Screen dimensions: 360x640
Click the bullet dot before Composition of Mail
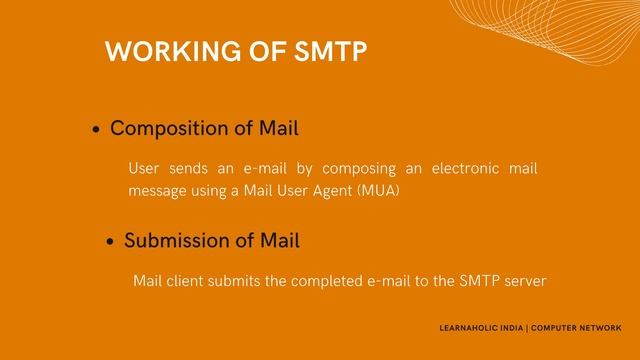[96, 131]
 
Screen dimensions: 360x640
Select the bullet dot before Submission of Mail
[111, 243]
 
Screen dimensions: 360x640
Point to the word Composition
[164, 129]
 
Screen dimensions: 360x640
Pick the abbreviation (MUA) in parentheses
[377, 190]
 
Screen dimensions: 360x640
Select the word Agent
[331, 190]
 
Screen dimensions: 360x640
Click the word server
[525, 281]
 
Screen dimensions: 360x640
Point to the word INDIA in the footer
[514, 328]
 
